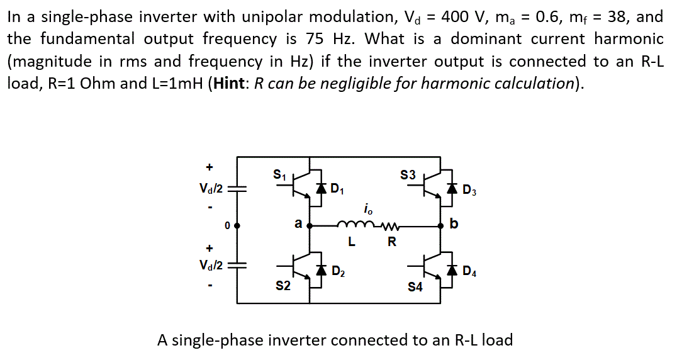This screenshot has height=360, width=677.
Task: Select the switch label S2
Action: point(284,286)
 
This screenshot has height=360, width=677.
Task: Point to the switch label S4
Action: point(415,288)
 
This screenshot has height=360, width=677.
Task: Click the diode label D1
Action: point(337,188)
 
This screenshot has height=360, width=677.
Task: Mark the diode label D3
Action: point(469,189)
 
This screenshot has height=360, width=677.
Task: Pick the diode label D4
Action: point(469,273)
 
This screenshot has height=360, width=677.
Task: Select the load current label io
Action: point(368,208)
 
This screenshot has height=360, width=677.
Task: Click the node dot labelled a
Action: point(308,225)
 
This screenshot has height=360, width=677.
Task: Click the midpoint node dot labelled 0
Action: point(237,225)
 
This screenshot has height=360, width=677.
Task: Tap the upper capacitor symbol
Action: point(237,188)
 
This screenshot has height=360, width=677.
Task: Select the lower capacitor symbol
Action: point(237,266)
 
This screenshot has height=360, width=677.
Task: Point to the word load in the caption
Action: point(497,340)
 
